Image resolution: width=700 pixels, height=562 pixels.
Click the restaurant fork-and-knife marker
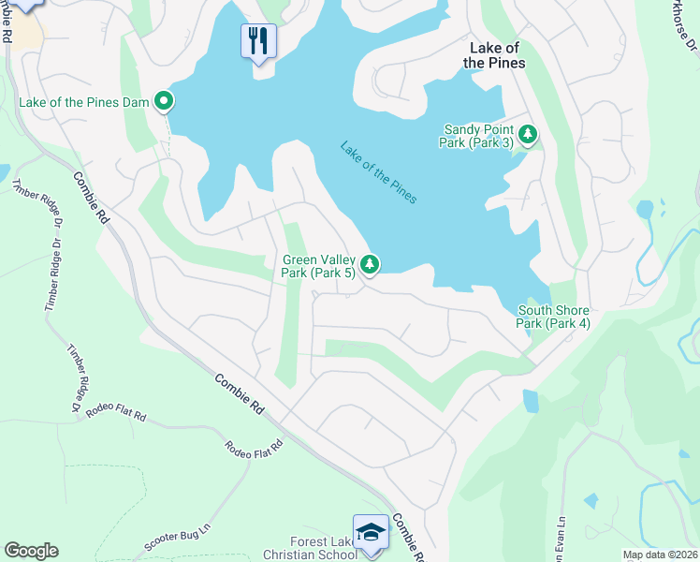[x=259, y=40]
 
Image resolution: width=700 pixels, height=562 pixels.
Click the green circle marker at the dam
[x=165, y=100]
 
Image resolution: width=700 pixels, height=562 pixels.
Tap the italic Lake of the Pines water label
[x=378, y=172]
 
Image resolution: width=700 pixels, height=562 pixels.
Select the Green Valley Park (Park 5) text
[x=318, y=266]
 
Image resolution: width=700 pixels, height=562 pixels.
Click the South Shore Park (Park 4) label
[x=554, y=317]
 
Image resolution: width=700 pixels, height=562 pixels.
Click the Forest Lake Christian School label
[x=310, y=548]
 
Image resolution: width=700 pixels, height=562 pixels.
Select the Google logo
[x=31, y=551]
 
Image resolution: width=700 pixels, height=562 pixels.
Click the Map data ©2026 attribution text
[x=659, y=555]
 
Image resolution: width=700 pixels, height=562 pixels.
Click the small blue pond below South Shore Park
[x=531, y=401]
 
